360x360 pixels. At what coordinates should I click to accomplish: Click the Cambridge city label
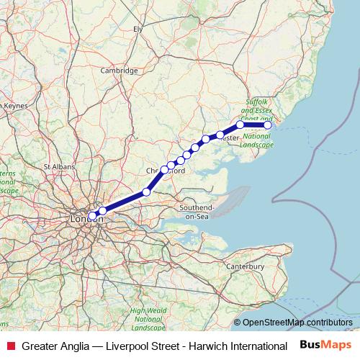pyautogui.click(x=119, y=71)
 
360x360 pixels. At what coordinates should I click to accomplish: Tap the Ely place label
pyautogui.click(x=138, y=29)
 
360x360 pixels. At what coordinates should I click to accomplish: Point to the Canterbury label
pyautogui.click(x=246, y=267)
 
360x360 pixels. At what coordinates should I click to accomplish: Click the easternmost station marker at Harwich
pyautogui.click(x=268, y=125)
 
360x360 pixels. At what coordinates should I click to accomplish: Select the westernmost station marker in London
pyautogui.click(x=92, y=215)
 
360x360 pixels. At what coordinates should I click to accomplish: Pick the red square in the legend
pyautogui.click(x=10, y=346)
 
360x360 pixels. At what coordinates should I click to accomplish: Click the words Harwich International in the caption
pyautogui.click(x=238, y=346)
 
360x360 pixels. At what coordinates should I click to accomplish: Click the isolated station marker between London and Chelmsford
pyautogui.click(x=147, y=192)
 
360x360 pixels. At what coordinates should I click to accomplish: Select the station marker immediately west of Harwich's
pyautogui.click(x=240, y=125)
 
